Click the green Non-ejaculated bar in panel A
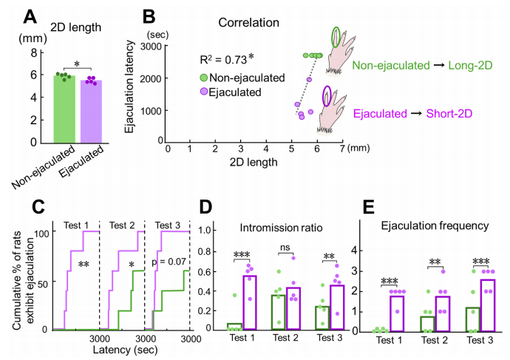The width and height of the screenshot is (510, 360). (64, 109)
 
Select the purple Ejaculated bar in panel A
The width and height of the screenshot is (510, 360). (91, 112)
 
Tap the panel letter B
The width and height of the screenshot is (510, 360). (149, 16)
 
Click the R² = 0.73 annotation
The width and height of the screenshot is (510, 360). (227, 59)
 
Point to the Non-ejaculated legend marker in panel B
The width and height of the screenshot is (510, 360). (203, 78)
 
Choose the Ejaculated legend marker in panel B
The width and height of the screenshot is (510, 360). (203, 92)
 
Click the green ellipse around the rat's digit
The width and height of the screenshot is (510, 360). (336, 37)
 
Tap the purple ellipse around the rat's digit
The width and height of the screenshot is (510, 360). (327, 95)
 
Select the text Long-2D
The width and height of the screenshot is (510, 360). (470, 65)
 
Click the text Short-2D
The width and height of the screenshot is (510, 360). (449, 114)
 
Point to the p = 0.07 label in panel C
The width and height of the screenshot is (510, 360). (169, 262)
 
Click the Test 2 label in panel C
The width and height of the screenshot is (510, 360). (122, 225)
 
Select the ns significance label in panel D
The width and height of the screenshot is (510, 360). (285, 247)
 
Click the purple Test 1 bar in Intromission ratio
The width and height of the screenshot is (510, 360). (250, 302)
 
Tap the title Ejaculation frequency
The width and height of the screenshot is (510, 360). (435, 225)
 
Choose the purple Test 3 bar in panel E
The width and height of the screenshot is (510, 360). (488, 305)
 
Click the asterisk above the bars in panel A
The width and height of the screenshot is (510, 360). (77, 64)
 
